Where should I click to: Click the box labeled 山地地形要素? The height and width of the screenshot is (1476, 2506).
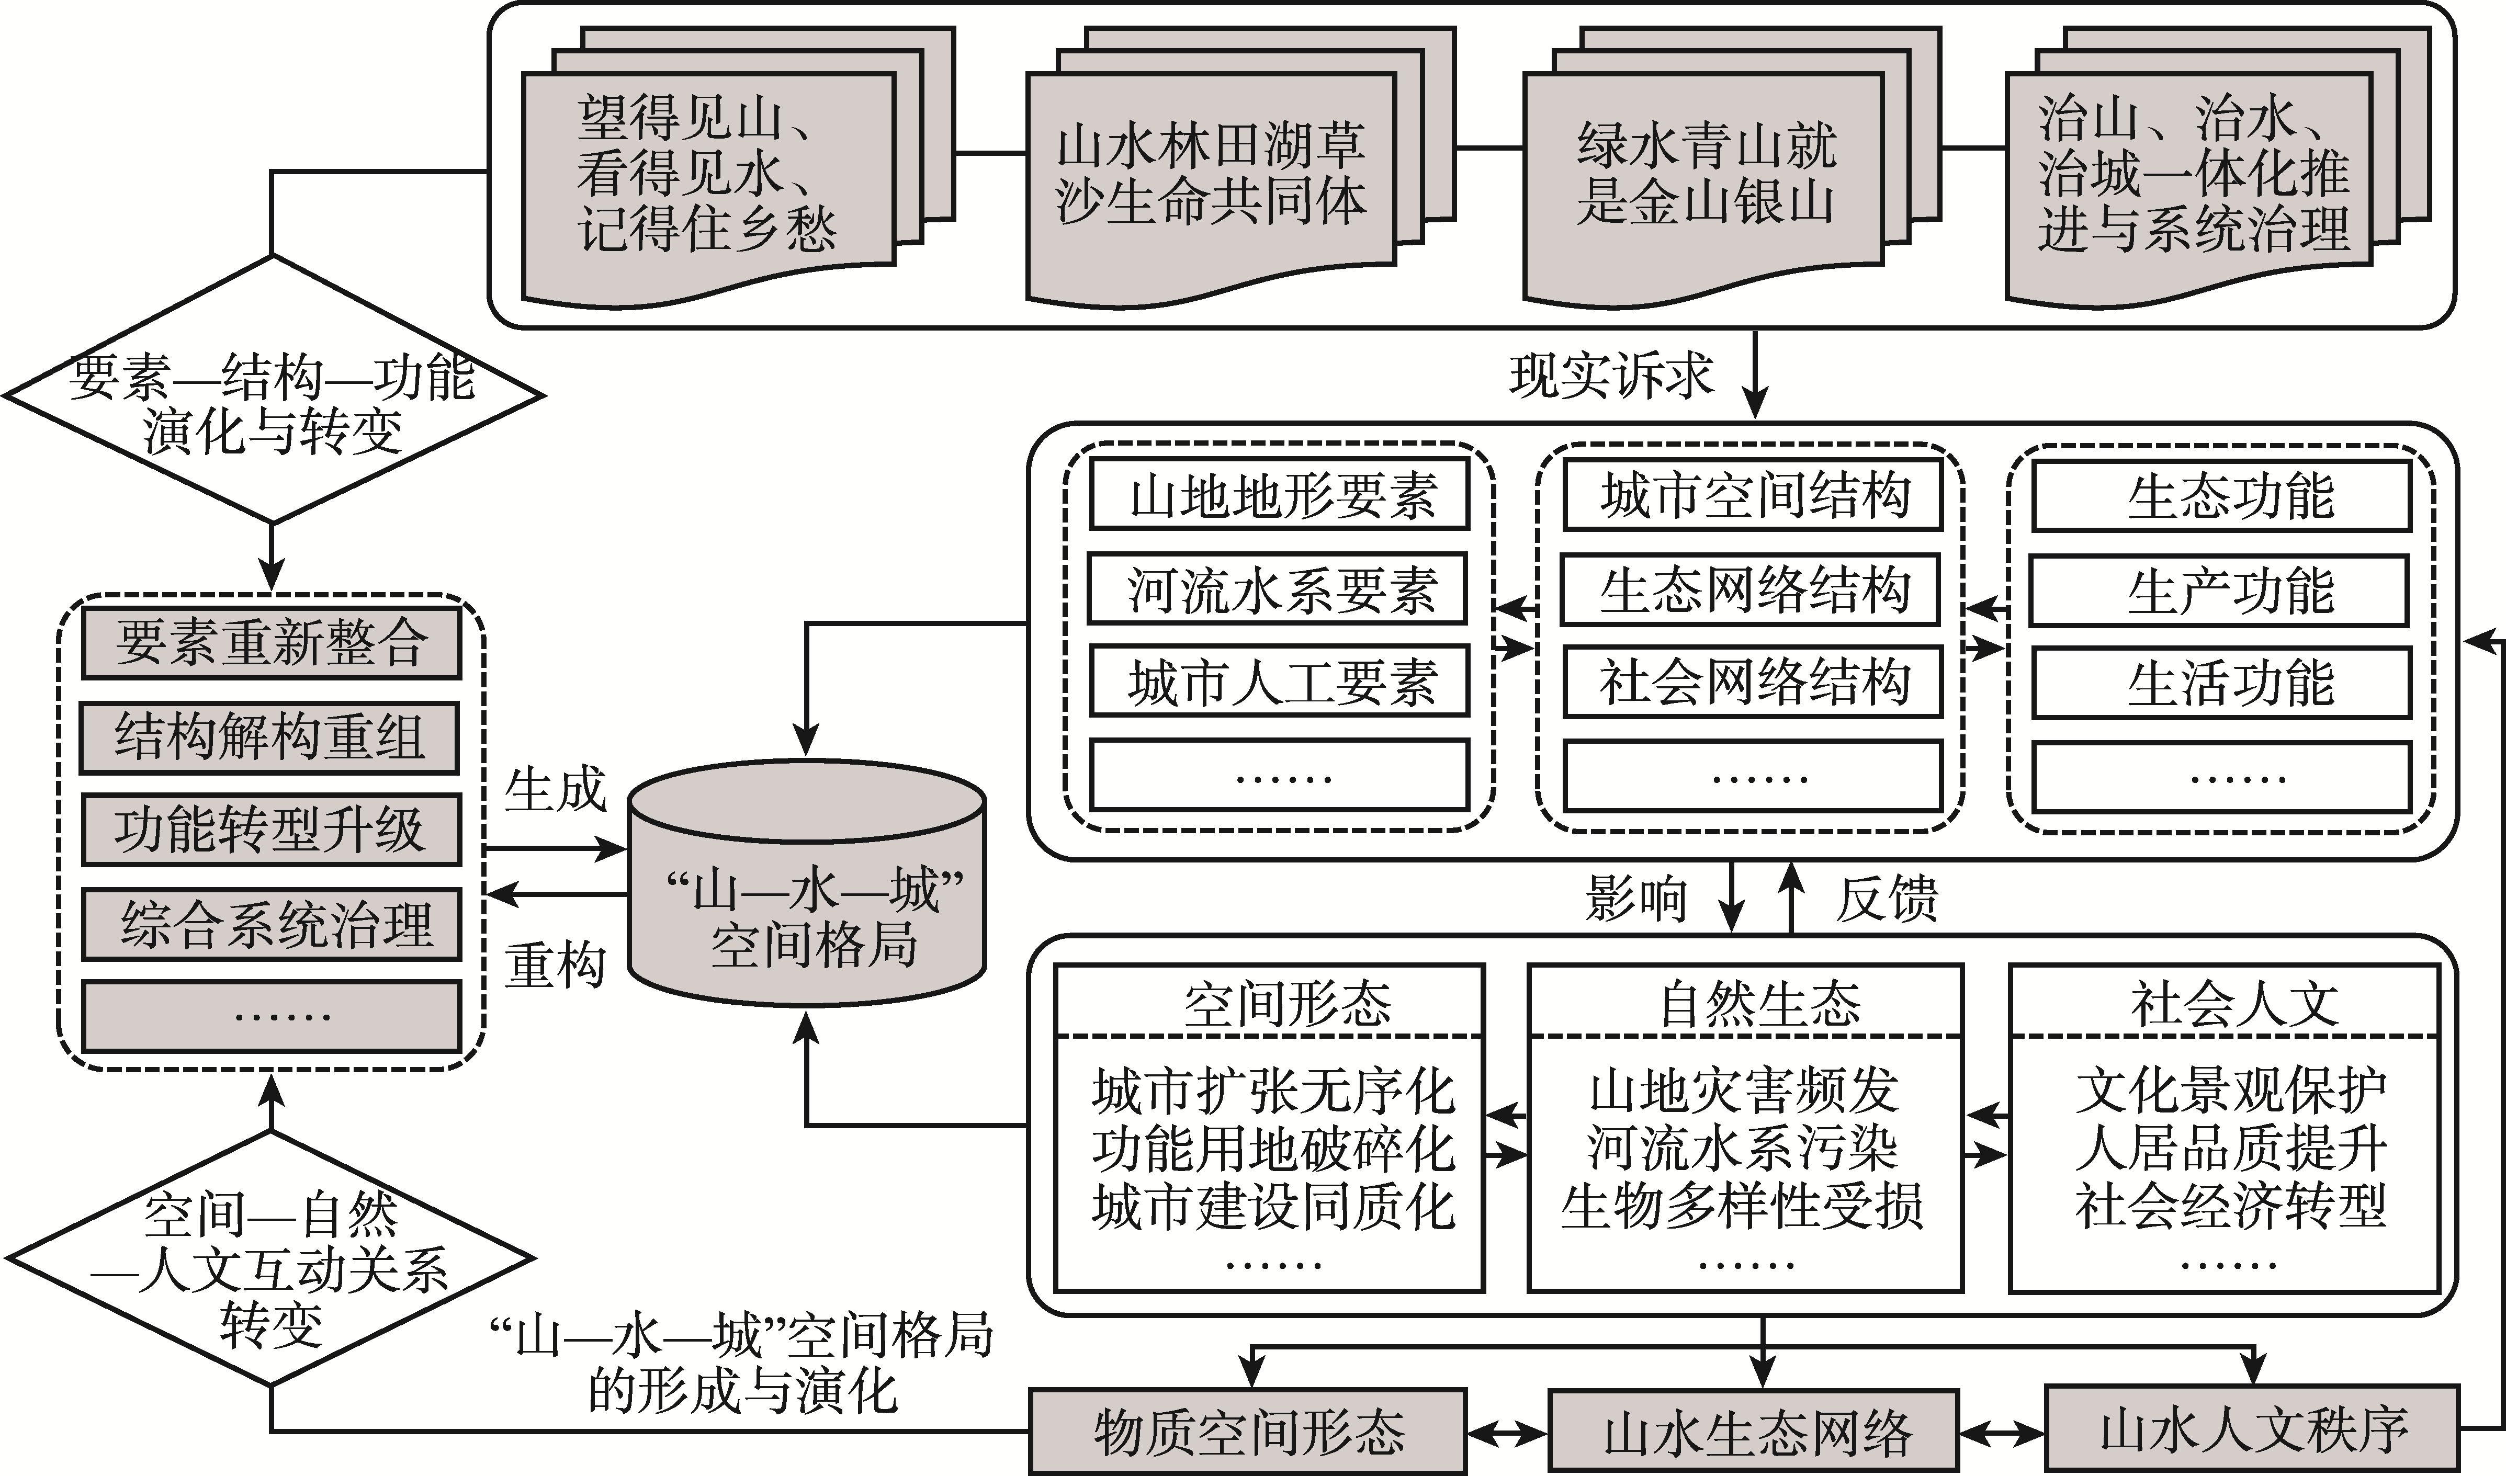click(x=1279, y=494)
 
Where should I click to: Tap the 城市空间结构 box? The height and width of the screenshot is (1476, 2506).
click(x=1753, y=494)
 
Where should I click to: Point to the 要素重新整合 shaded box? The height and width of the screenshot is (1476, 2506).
click(x=270, y=642)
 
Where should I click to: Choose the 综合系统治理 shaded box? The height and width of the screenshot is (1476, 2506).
click(x=270, y=924)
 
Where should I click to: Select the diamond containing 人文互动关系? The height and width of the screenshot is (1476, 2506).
click(x=270, y=1257)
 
